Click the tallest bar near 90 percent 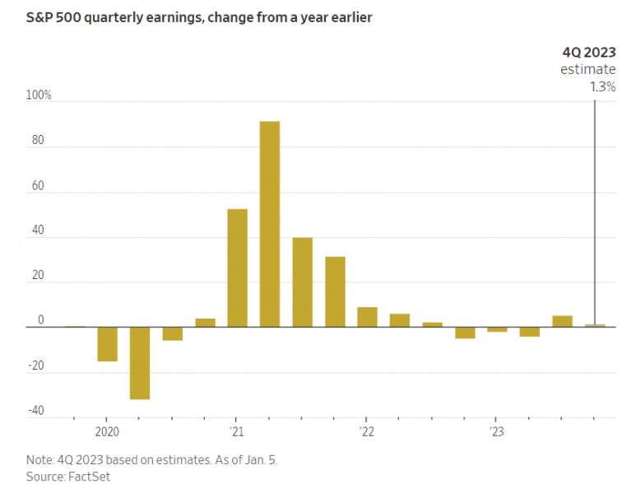point(270,224)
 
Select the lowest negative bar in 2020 point(140,363)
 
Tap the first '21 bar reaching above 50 point(237,268)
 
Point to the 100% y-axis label point(39,95)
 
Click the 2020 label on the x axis point(107,431)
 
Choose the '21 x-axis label point(237,431)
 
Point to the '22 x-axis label point(367,431)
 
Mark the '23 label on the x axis point(497,431)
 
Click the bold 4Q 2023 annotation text point(588,52)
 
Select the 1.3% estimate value point(602,86)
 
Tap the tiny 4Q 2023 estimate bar point(595,326)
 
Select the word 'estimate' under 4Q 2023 point(588,69)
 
